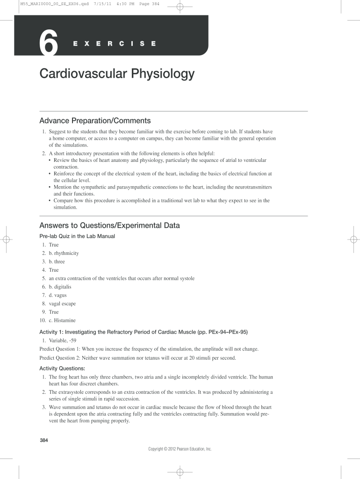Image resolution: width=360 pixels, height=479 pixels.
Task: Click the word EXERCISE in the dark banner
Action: click(x=115, y=44)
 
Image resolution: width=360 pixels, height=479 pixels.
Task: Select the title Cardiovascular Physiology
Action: click(x=116, y=74)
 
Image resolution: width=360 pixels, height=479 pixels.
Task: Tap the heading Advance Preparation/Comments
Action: click(x=95, y=121)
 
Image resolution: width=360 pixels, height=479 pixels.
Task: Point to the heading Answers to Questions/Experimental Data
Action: click(x=109, y=225)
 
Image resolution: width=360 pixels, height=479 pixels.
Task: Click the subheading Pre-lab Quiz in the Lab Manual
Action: click(x=77, y=236)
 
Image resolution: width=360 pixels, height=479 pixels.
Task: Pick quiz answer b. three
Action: click(x=57, y=261)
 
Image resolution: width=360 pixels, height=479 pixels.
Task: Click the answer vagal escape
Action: click(x=62, y=304)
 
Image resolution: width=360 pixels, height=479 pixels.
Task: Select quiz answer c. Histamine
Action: click(x=62, y=320)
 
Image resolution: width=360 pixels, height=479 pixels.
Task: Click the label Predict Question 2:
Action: click(x=60, y=358)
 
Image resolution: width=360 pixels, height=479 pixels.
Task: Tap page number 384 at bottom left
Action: click(x=44, y=441)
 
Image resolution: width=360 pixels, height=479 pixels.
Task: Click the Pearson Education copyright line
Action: click(x=180, y=449)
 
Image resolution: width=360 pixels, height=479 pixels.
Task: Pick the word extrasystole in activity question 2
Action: click(x=71, y=392)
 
